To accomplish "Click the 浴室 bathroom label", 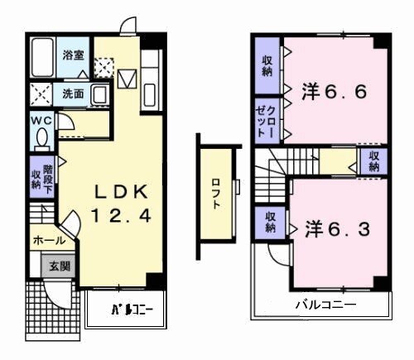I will [73, 55].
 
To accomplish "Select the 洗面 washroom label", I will [73, 94].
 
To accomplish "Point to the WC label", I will [41, 120].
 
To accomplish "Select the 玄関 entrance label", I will [59, 266].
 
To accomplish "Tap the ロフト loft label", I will [216, 193].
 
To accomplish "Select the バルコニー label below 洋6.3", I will [325, 305].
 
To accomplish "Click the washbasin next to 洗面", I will [99, 93].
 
